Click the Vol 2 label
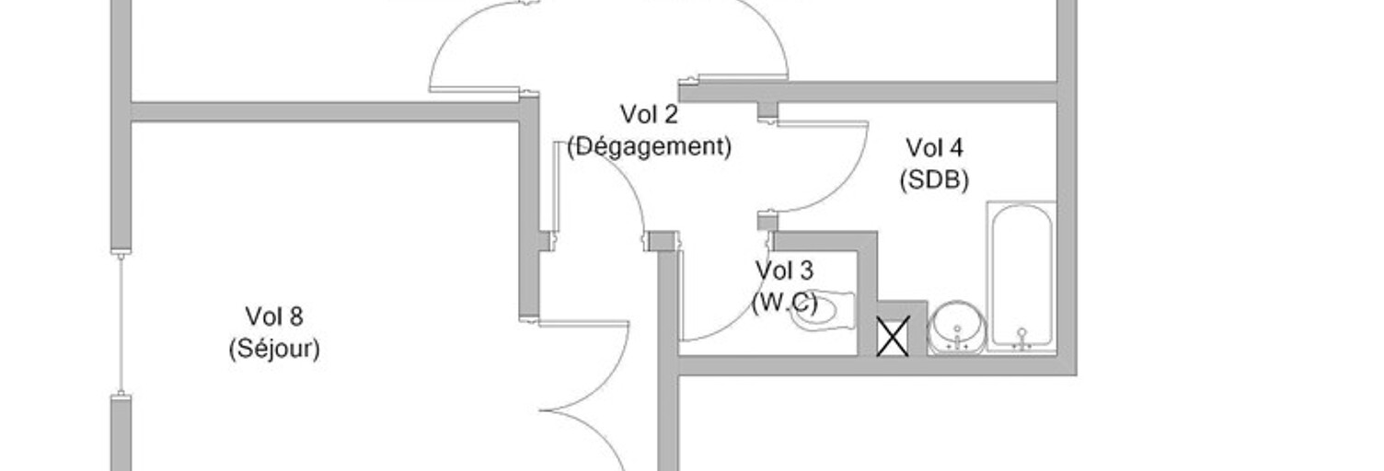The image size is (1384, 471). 649,115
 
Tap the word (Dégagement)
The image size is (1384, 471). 649,146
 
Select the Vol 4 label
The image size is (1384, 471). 934,147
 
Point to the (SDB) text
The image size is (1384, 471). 934,179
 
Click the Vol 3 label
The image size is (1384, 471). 784,270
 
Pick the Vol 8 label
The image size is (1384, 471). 273,316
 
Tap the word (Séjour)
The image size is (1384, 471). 273,349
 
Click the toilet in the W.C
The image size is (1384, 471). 825,311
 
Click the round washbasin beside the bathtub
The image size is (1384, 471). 956,327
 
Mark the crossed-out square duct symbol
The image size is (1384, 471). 892,336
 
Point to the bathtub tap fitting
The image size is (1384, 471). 1021,337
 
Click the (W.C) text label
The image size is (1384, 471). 784,303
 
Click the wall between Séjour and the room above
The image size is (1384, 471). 322,111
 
